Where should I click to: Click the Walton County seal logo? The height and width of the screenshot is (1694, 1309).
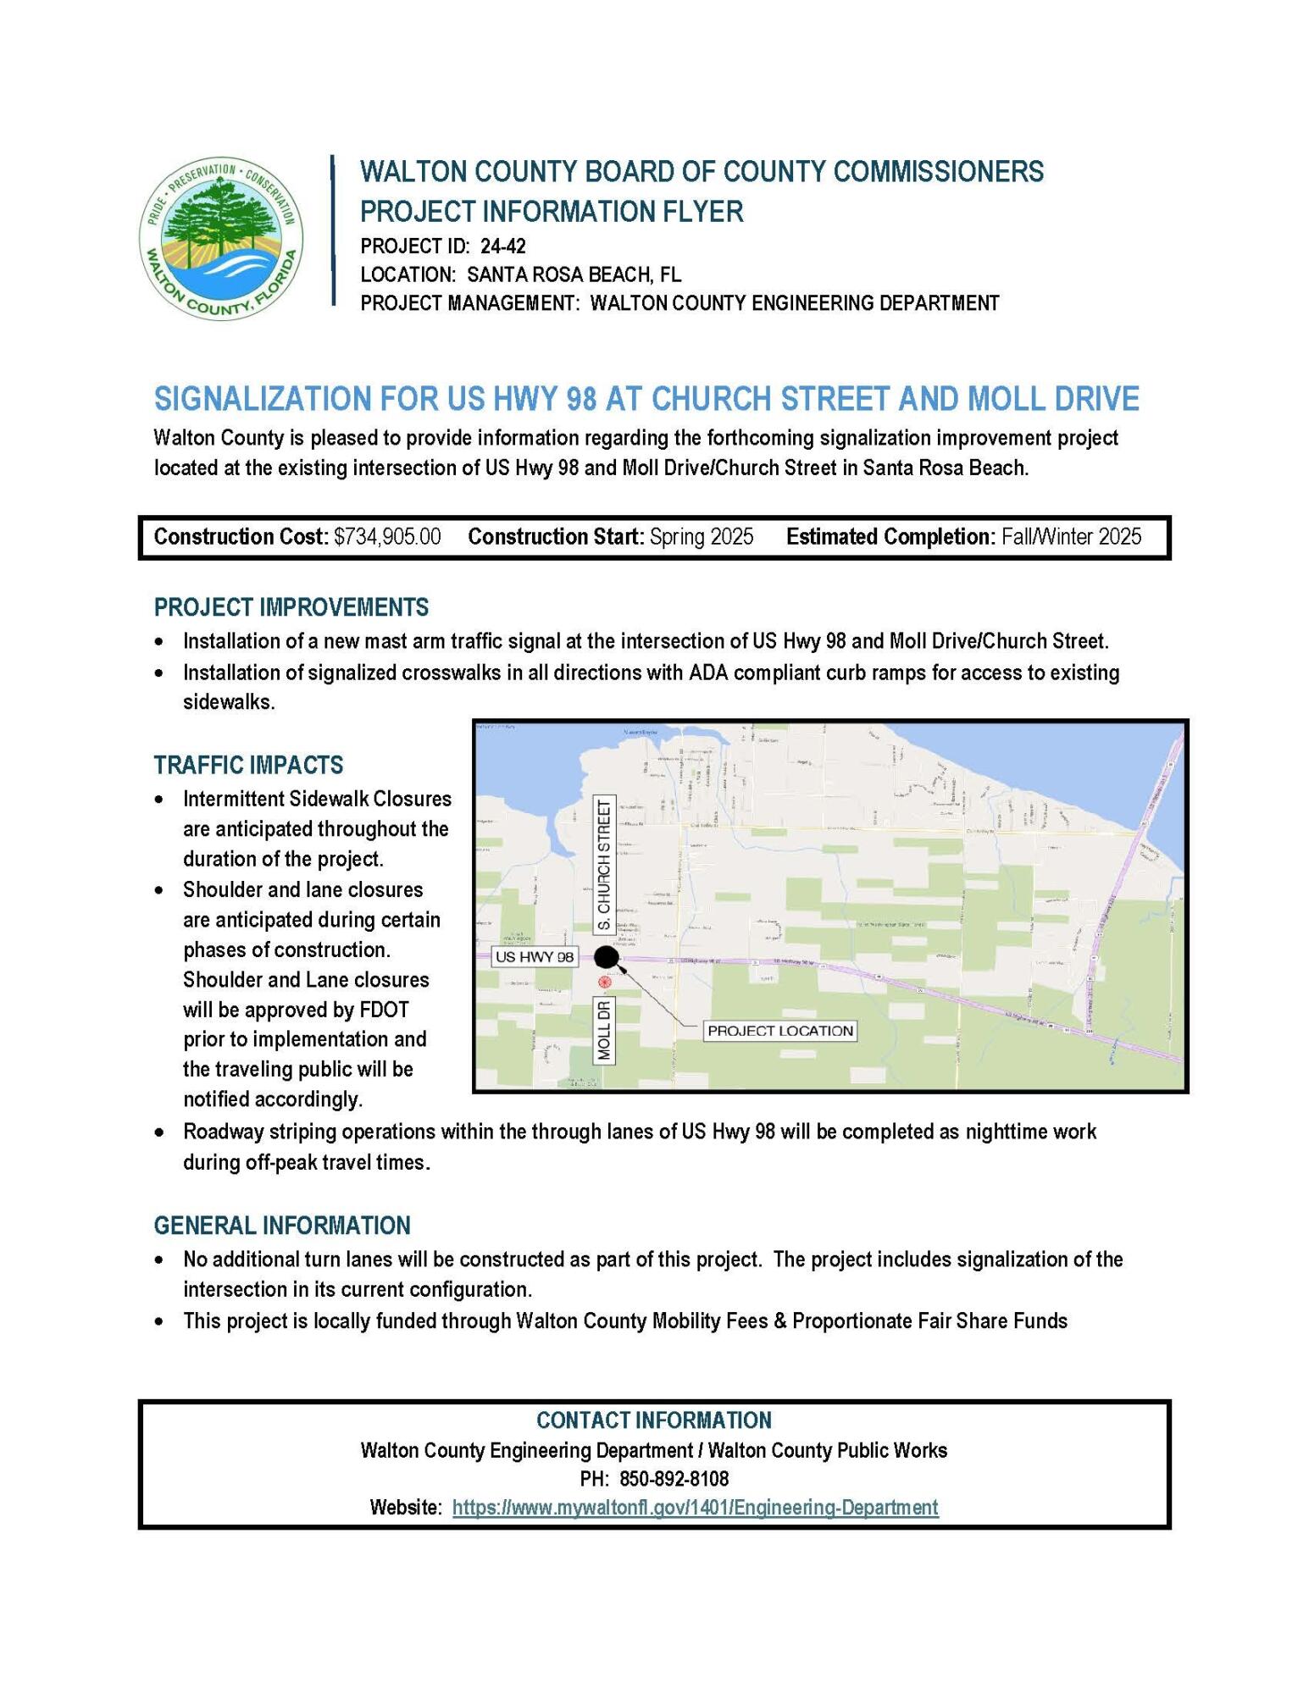[x=221, y=238]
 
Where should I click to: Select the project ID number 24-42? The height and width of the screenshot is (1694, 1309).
[x=502, y=246]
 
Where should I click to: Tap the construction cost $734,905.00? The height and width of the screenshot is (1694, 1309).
[x=387, y=537]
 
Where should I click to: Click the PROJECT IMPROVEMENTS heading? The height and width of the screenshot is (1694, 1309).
[x=291, y=607]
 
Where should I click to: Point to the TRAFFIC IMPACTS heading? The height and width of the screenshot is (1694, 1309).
[x=248, y=765]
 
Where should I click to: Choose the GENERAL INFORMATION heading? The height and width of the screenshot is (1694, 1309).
[x=281, y=1226]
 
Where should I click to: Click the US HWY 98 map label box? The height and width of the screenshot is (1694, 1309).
[x=534, y=957]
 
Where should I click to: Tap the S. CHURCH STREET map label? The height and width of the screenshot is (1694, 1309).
[x=604, y=866]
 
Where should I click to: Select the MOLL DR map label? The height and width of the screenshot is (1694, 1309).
[x=604, y=1030]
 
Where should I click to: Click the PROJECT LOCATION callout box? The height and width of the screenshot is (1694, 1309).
[x=780, y=1031]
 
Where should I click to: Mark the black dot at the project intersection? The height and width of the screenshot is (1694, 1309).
[x=607, y=957]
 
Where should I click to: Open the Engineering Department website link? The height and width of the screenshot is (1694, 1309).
[x=695, y=1507]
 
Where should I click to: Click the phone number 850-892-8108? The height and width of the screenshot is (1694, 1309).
[x=674, y=1478]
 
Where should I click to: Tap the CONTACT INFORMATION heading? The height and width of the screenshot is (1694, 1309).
[x=654, y=1420]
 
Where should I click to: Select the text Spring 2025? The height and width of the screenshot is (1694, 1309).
[x=702, y=537]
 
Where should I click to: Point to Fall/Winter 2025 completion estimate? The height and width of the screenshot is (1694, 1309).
[x=1071, y=537]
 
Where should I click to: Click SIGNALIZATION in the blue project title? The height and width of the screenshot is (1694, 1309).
[x=260, y=398]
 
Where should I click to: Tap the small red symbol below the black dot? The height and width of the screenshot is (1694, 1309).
[x=604, y=982]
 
